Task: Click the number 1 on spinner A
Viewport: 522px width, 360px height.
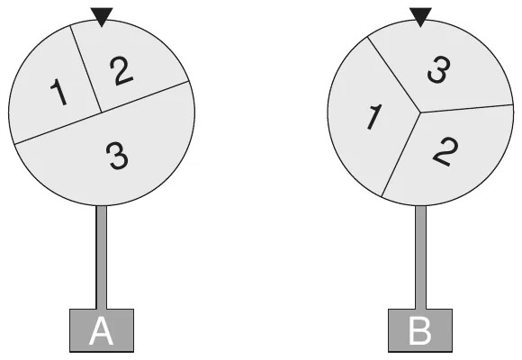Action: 58,92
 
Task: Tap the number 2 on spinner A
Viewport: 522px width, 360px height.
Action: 121,70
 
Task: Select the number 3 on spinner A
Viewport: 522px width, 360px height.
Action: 117,156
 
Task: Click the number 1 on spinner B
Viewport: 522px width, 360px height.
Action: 373,117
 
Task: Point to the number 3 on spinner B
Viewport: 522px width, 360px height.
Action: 439,69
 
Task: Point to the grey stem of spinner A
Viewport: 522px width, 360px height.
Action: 102,257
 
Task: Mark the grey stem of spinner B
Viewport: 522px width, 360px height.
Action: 420,257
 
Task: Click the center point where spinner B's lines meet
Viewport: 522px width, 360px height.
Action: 420,112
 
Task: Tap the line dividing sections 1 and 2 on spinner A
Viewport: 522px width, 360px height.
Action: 85,68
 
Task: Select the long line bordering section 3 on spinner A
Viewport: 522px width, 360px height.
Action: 102,112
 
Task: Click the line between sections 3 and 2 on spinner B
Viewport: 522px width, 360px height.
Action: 466,109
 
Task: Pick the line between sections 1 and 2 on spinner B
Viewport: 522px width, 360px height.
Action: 400,155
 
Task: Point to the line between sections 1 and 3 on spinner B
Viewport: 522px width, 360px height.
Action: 393,75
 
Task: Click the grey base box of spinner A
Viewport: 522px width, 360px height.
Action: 102,330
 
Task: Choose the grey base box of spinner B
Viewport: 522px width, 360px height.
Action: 420,330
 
